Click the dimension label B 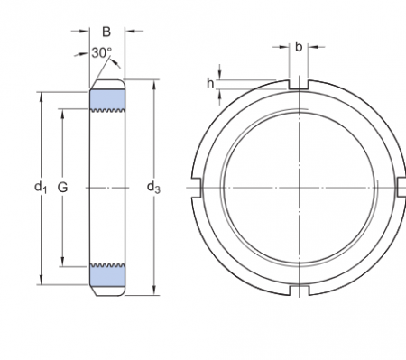pyautogui.click(x=106, y=32)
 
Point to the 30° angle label pyautogui.click(x=101, y=53)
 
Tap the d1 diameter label pyautogui.click(x=41, y=188)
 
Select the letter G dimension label pyautogui.click(x=62, y=188)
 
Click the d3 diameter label pyautogui.click(x=153, y=188)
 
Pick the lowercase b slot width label pyautogui.click(x=299, y=47)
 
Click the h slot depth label pyautogui.click(x=210, y=83)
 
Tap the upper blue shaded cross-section pyautogui.click(x=107, y=99)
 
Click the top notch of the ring pyautogui.click(x=299, y=85)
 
